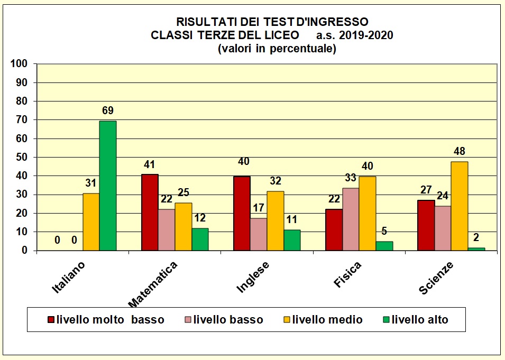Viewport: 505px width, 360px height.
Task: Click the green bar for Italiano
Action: [x=108, y=186]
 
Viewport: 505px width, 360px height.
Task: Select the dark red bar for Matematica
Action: [x=150, y=213]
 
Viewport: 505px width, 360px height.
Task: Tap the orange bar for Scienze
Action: [x=460, y=206]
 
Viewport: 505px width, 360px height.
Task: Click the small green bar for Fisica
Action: [x=384, y=246]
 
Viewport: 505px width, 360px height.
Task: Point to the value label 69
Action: [x=108, y=110]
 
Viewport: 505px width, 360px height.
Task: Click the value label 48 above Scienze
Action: [x=460, y=151]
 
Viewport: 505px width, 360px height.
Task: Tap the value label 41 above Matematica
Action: [x=150, y=164]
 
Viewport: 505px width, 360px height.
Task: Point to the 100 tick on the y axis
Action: [x=19, y=64]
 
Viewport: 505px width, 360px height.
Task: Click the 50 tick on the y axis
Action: [x=22, y=157]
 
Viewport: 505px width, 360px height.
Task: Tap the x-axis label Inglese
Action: [x=253, y=276]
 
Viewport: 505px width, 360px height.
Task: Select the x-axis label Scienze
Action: [x=436, y=278]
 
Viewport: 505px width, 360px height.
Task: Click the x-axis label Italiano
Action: [x=69, y=277]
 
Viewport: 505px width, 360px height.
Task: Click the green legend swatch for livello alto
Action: [x=385, y=320]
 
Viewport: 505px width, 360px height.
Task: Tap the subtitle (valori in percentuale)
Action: [x=277, y=49]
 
